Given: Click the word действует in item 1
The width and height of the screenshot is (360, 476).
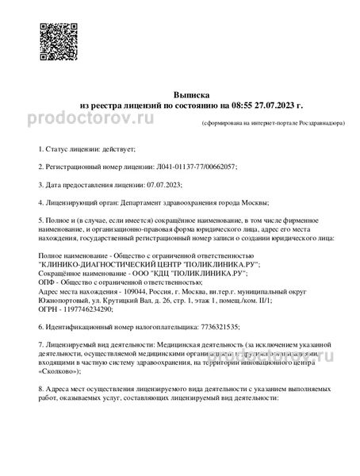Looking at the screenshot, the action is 118,148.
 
